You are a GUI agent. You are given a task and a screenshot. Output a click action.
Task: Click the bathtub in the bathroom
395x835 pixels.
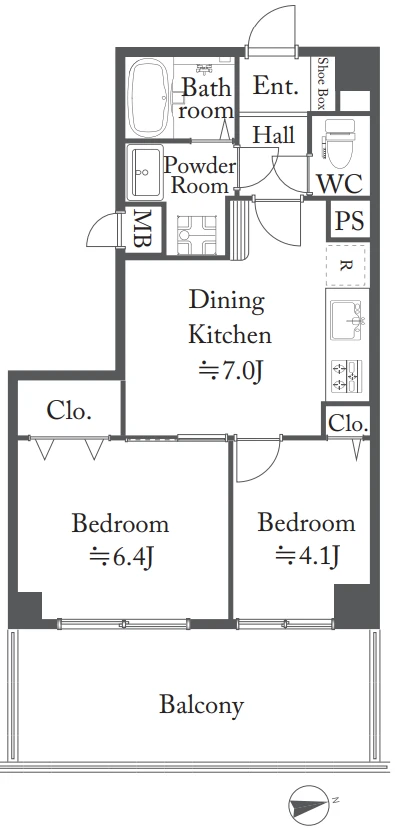point(150,98)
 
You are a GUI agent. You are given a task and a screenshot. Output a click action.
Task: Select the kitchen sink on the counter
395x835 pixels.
point(346,320)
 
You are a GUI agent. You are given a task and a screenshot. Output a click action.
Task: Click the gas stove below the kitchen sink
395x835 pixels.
point(347,376)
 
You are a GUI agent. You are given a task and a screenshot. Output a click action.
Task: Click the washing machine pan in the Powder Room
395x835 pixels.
point(197,234)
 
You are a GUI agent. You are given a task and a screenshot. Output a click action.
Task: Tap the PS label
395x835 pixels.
point(349,220)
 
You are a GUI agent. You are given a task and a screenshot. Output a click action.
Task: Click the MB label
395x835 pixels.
point(141,230)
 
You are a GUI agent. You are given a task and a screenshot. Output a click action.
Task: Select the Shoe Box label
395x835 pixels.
point(322,84)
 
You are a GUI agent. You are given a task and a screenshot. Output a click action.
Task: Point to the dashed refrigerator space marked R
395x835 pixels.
point(346,266)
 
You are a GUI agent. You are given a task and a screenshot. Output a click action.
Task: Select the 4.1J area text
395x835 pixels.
point(308,556)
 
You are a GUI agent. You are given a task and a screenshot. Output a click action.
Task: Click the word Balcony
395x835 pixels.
point(201,705)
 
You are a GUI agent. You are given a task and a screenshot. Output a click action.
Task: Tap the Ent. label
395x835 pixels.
point(275,86)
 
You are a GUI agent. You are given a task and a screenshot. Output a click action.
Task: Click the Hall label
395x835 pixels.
point(274,135)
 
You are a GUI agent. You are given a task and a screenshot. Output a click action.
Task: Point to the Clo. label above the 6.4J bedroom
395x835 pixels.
point(69,411)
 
